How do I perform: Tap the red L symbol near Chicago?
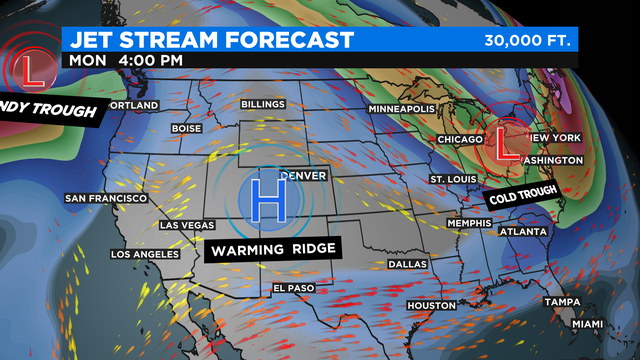coord(507,143)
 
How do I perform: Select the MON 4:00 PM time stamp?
coord(126,59)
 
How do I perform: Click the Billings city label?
coord(263,104)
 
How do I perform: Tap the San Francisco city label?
coord(106,198)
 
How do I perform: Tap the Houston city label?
coord(432,305)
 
